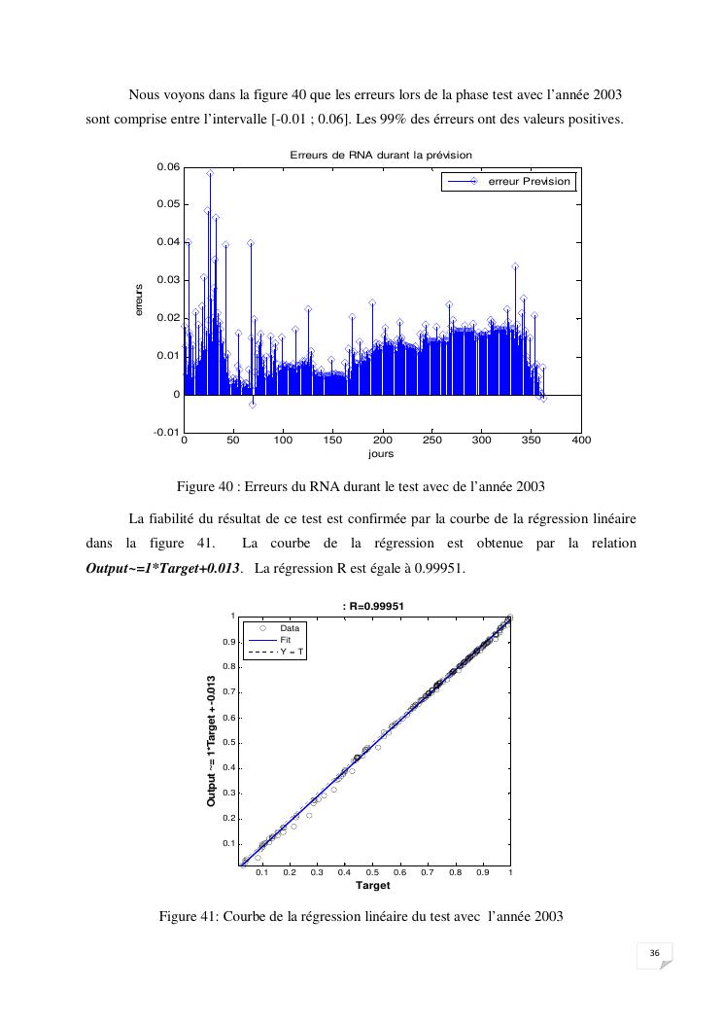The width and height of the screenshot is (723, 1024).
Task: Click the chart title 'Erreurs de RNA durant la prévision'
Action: point(380,155)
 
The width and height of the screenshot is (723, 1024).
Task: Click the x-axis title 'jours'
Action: point(381,454)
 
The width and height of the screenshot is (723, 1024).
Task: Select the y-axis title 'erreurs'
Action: point(139,300)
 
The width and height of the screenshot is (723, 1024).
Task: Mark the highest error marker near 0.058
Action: point(210,173)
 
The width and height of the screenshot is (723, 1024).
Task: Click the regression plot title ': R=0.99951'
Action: point(373,606)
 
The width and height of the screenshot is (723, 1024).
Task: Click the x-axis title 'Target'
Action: point(373,886)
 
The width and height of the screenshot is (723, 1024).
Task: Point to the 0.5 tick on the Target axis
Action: point(373,873)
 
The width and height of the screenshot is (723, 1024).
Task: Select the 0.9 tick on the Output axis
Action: point(229,642)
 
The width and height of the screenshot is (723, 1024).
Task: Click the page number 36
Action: point(655,952)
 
